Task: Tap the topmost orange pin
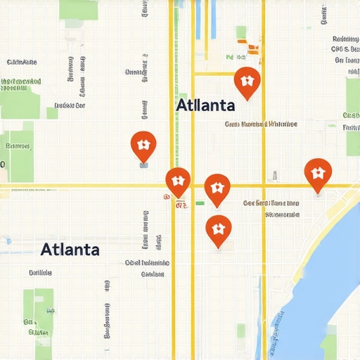click(246, 82)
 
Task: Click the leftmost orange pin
click(143, 145)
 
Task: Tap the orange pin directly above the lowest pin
click(217, 188)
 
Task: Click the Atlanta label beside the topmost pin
click(205, 105)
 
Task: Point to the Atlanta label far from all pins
click(70, 249)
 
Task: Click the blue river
click(330, 267)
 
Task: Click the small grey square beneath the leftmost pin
click(144, 165)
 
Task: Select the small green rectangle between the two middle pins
click(200, 203)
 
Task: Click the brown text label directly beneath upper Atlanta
click(261, 124)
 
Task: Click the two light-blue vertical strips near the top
click(205, 18)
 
